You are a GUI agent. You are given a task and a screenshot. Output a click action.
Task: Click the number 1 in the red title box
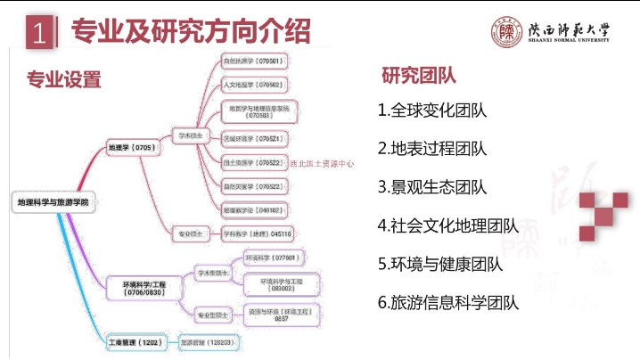point(38,34)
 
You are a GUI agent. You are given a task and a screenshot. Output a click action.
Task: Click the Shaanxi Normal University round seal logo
point(506,33)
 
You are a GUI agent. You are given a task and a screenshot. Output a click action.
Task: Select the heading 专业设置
point(64,80)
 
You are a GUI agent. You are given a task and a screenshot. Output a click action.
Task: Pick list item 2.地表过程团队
point(431,149)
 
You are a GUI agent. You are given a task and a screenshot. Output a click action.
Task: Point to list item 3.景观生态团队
point(431,187)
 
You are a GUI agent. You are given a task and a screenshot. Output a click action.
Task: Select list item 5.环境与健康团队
point(439,264)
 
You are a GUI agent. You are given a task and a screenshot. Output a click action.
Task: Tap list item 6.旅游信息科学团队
point(447,302)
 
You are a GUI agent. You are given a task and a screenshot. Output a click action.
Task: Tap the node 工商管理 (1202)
point(134,341)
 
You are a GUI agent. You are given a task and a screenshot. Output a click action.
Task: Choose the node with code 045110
point(257,233)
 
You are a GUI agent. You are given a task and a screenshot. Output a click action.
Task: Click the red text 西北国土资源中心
point(323,164)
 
